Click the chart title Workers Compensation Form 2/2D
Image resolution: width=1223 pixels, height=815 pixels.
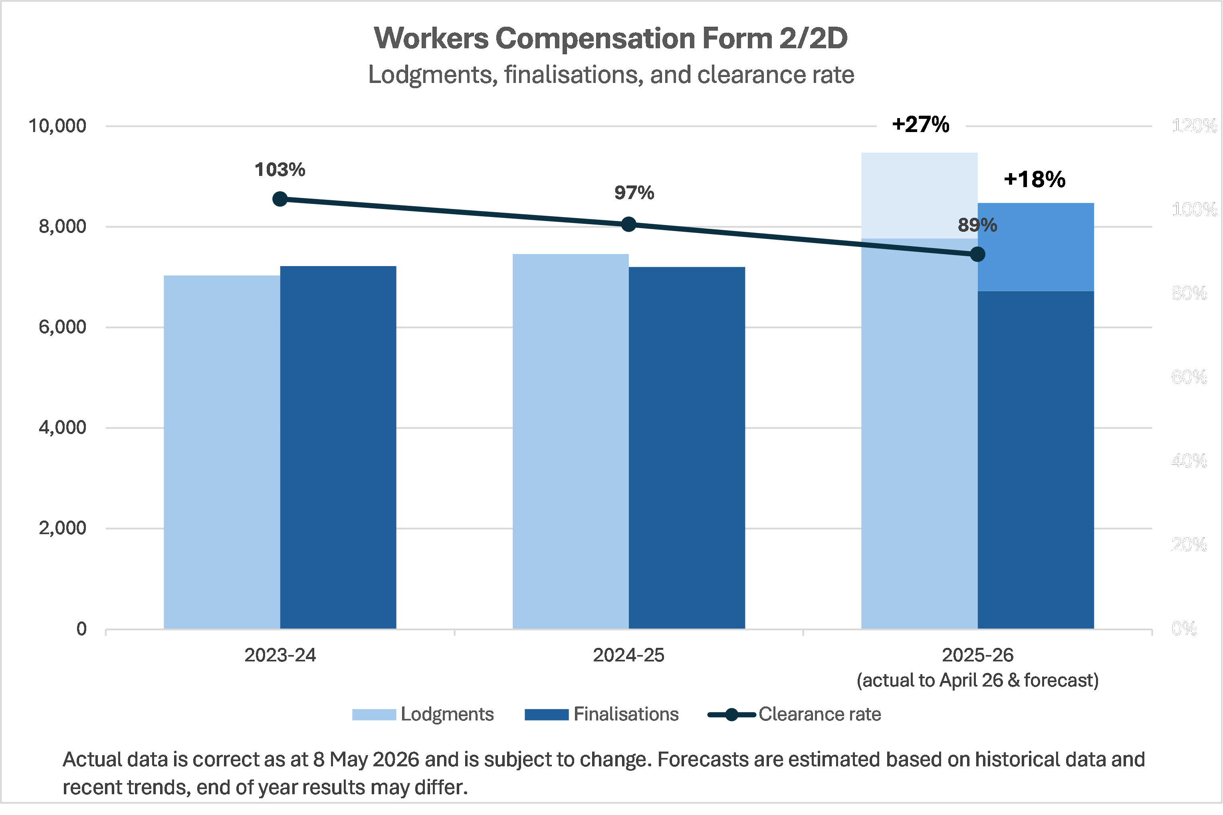click(611, 38)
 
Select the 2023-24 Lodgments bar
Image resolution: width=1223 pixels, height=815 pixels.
click(222, 452)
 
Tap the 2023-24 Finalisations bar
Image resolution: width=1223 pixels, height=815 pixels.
click(338, 448)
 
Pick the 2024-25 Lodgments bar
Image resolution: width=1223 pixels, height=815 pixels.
click(571, 441)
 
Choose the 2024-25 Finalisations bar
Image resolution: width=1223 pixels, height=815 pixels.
click(687, 448)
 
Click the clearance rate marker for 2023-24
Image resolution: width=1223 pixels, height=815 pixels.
click(280, 199)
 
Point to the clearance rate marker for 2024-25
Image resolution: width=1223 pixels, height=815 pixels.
click(629, 225)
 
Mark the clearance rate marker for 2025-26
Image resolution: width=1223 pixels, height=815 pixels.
click(977, 254)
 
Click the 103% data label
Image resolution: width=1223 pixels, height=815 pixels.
click(280, 170)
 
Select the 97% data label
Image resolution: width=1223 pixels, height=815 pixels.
click(634, 193)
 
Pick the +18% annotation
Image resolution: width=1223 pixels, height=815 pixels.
click(1035, 180)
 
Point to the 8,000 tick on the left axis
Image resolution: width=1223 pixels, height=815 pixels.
click(62, 227)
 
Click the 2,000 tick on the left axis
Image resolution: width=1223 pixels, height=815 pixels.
click(62, 528)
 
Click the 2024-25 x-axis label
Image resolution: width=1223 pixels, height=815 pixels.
click(629, 655)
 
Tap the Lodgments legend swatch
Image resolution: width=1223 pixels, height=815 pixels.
click(374, 715)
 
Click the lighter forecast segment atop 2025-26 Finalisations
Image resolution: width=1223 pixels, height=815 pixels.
click(1036, 247)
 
